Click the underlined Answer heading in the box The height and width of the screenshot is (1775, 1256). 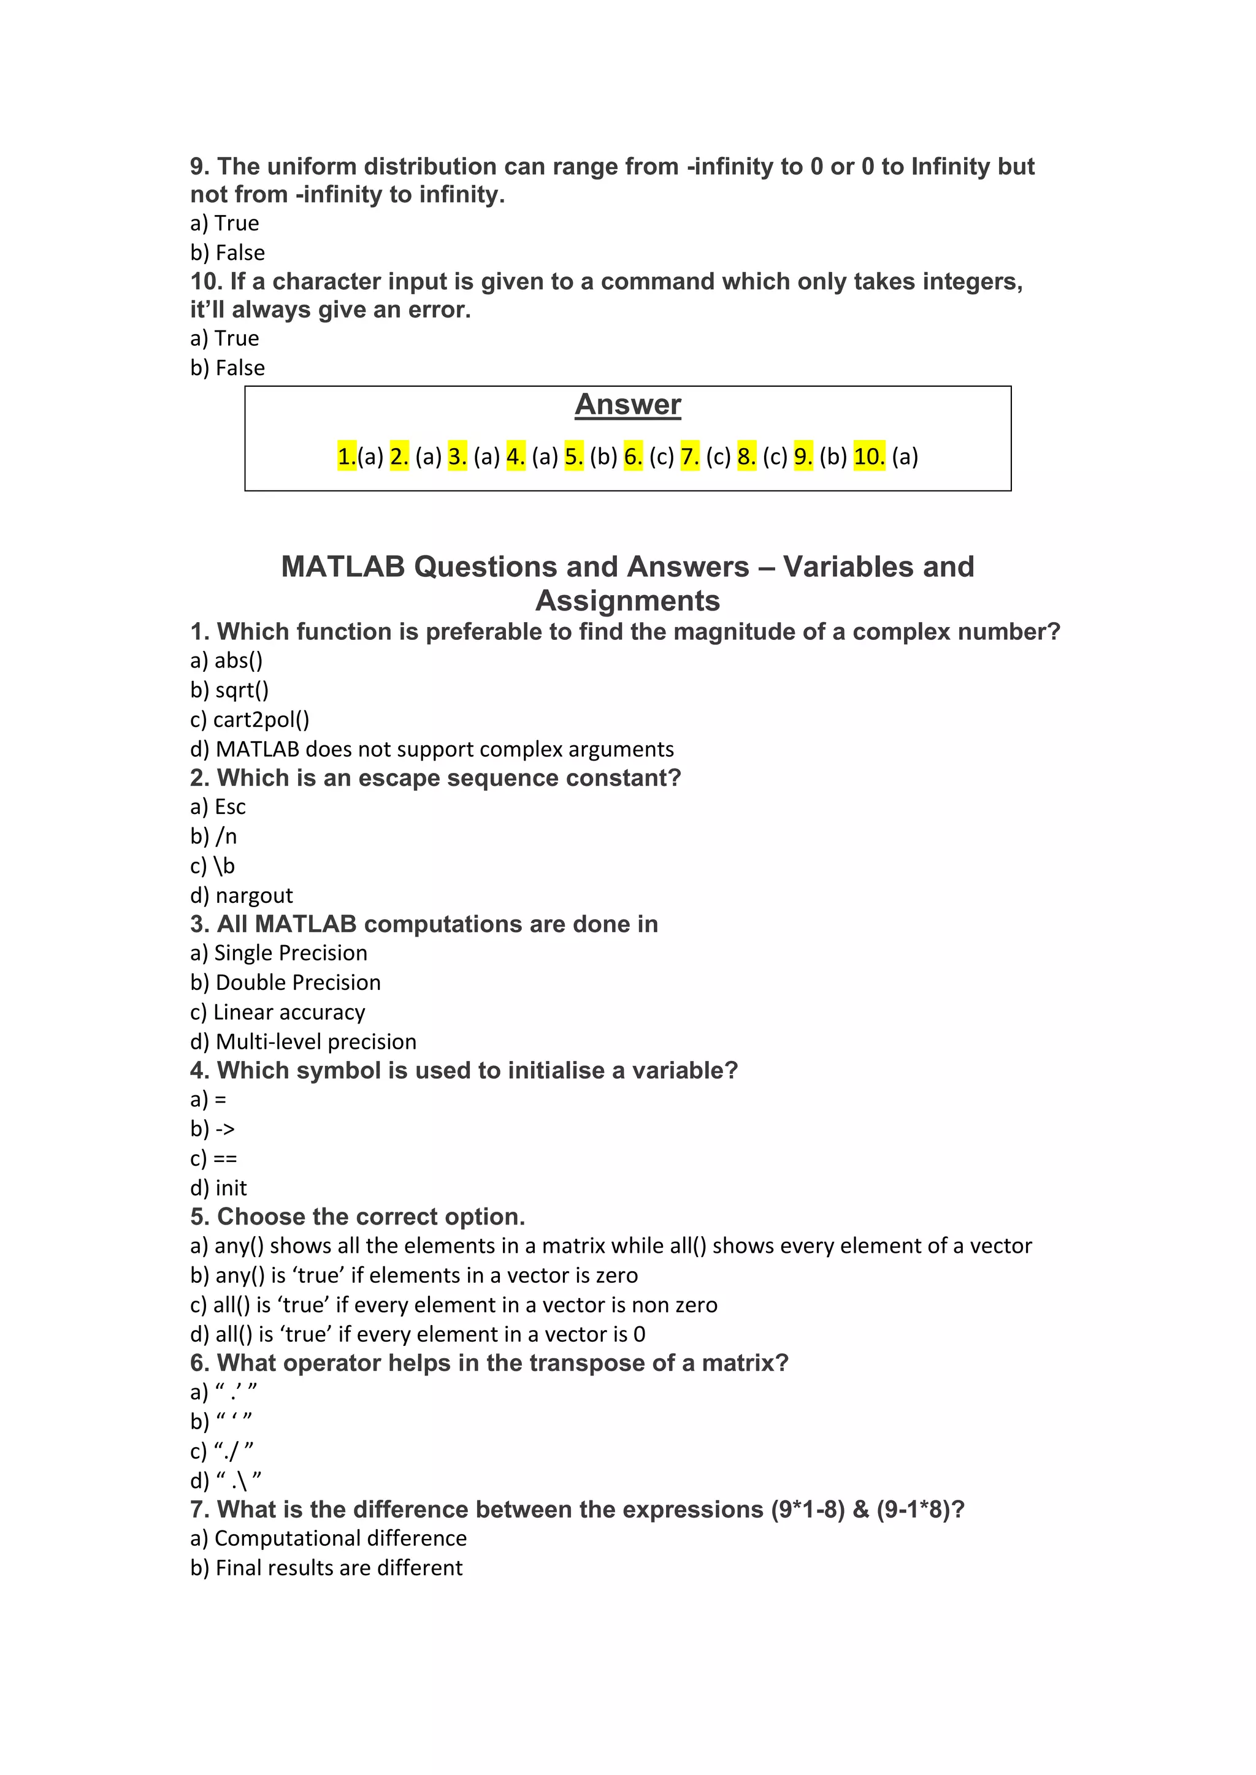click(627, 405)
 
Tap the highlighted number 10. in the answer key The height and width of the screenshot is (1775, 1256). click(868, 457)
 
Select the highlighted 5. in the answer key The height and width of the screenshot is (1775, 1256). click(573, 457)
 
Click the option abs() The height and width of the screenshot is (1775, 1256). click(238, 661)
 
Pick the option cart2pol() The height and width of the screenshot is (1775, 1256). click(261, 720)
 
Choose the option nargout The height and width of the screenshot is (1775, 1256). click(254, 895)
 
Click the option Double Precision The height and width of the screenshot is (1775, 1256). click(298, 983)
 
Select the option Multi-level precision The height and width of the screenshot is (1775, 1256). click(316, 1041)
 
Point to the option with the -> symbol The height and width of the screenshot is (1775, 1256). click(224, 1130)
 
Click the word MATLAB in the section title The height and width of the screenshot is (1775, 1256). click(343, 567)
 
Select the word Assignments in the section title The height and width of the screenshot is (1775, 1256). click(627, 601)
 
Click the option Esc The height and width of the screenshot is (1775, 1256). click(230, 807)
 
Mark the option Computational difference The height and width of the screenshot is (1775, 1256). click(340, 1538)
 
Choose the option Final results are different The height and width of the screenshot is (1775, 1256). click(339, 1568)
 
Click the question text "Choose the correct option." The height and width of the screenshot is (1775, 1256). click(370, 1217)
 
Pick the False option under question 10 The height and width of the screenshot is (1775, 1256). click(240, 368)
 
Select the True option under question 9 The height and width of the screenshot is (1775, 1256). click(236, 224)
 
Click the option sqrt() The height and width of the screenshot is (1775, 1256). click(241, 690)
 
